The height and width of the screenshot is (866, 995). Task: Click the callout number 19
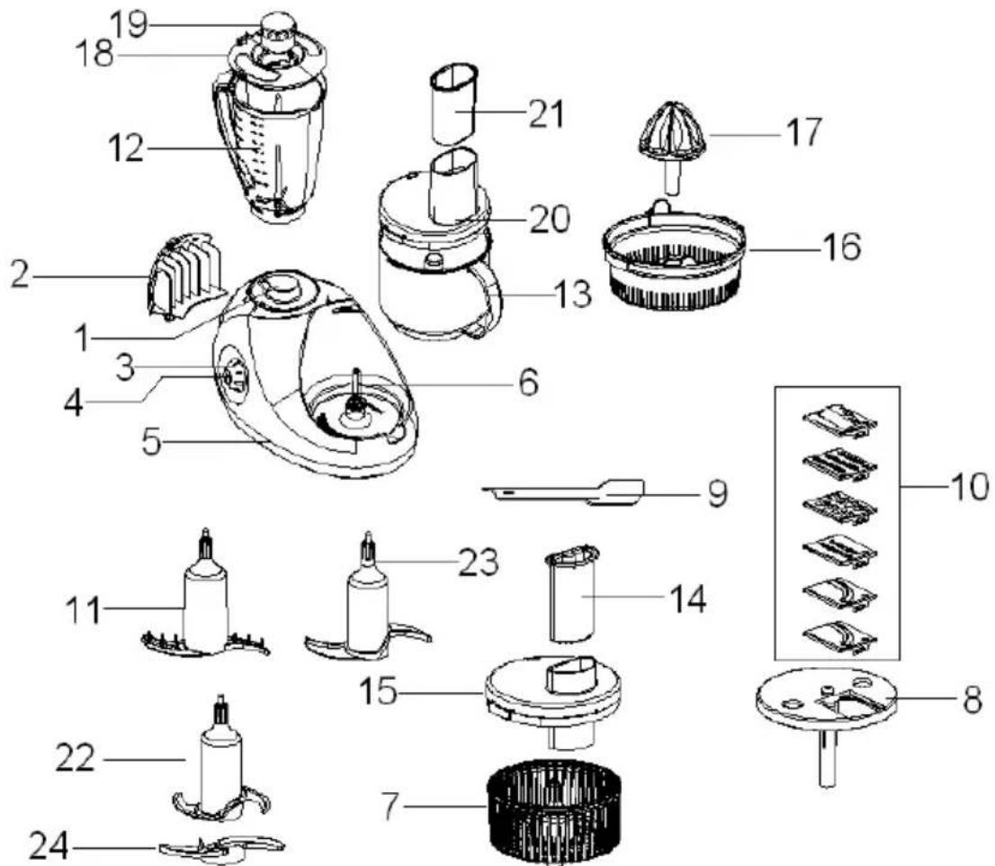coord(129,25)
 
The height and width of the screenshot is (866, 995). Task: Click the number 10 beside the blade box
coord(969,488)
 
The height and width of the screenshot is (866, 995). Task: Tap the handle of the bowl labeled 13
coord(488,298)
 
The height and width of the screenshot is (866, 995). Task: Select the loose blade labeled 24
coord(222,848)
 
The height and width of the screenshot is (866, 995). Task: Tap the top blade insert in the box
coord(839,421)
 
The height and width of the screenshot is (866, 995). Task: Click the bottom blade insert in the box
coord(839,637)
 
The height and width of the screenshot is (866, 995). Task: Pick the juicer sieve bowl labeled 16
coord(673,257)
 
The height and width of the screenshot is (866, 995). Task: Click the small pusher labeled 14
coord(572,593)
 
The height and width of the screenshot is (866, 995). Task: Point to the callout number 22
coord(75,758)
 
